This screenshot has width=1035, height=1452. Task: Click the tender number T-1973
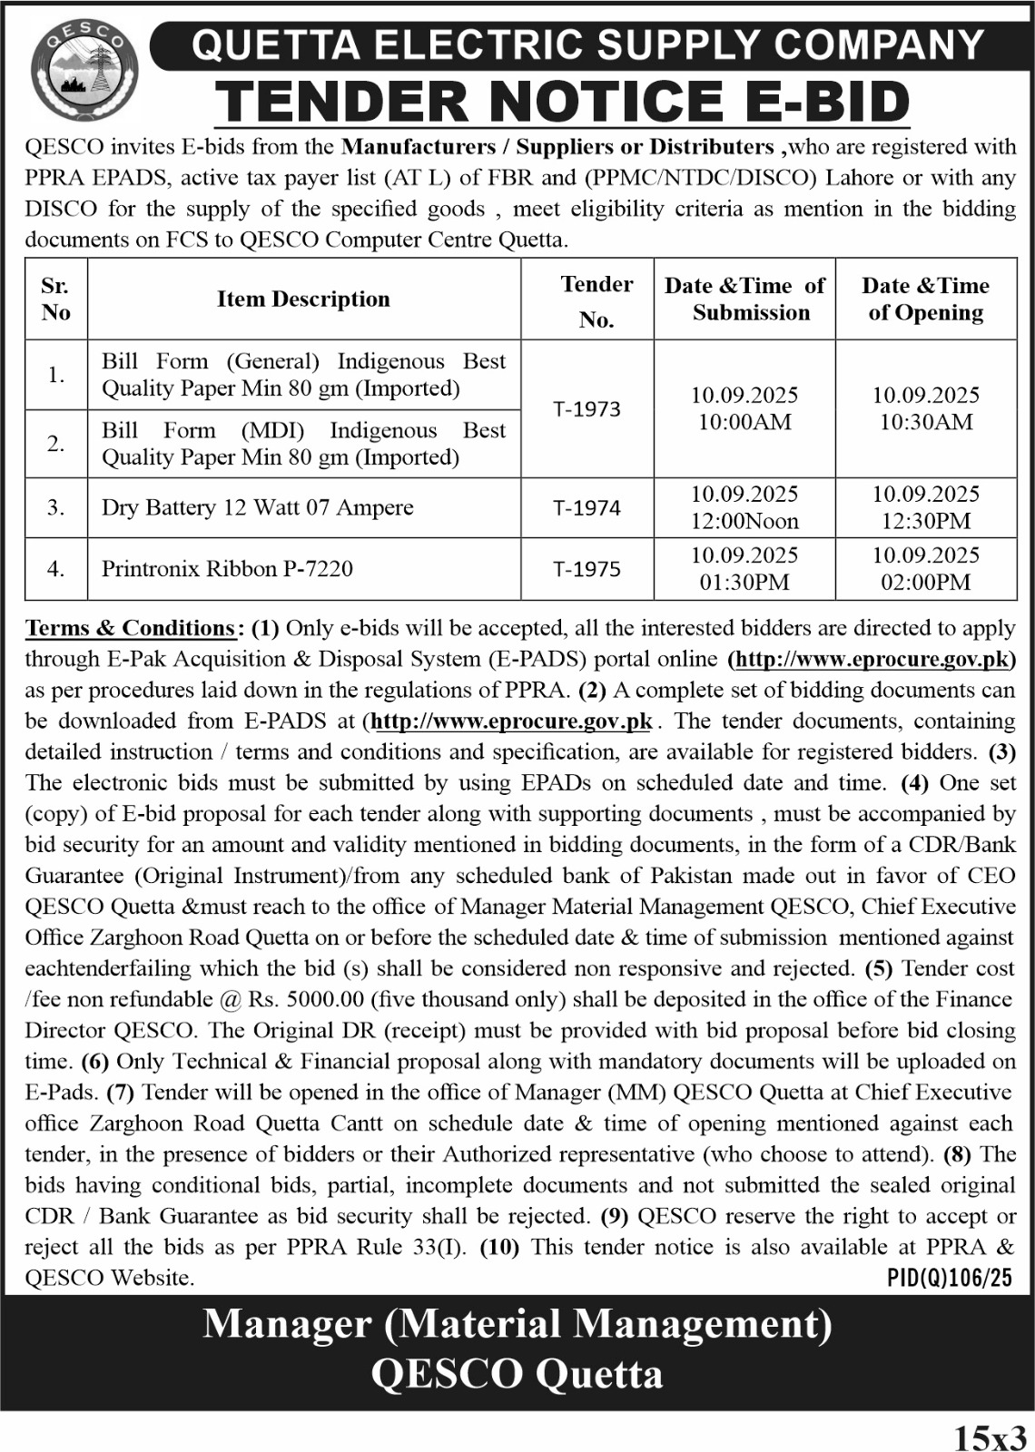[x=587, y=409]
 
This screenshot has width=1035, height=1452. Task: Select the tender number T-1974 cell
[x=587, y=508]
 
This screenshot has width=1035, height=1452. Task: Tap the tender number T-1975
[x=587, y=569]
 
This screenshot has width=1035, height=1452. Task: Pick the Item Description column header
[x=303, y=299]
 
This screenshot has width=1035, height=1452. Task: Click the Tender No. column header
[x=596, y=301]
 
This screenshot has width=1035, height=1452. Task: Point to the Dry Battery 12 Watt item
[x=257, y=507]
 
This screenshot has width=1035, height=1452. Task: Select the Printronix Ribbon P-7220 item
[x=227, y=569]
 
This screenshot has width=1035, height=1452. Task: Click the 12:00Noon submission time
[x=744, y=522]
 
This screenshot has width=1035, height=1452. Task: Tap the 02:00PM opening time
[x=926, y=583]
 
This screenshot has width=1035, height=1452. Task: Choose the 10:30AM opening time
[x=926, y=422]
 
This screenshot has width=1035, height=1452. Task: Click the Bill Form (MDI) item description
[x=303, y=444]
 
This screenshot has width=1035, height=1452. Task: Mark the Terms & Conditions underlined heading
[x=131, y=628]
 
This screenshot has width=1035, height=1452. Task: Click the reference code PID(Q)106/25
[x=949, y=1279]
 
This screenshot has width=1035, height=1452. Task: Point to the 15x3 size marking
[x=991, y=1437]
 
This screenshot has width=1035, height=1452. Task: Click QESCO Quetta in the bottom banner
[x=517, y=1375]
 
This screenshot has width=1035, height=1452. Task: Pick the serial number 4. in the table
[x=56, y=569]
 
